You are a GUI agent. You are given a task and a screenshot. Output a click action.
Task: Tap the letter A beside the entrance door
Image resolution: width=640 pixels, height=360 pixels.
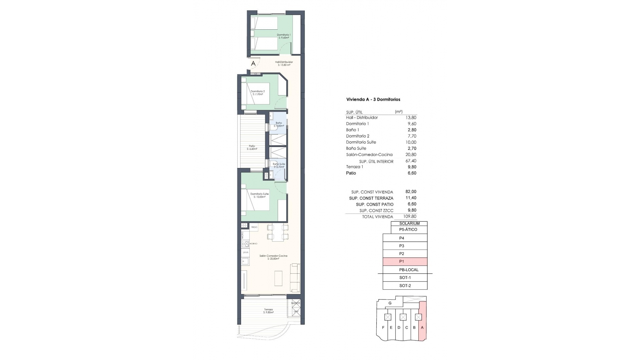[253, 63]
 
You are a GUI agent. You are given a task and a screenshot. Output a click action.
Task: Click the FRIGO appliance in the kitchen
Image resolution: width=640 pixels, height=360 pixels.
[254, 227]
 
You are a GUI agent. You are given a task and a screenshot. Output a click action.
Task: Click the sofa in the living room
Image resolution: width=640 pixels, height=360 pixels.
[295, 277]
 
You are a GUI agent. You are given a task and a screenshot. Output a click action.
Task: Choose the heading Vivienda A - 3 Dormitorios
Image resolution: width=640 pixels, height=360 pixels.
[373, 99]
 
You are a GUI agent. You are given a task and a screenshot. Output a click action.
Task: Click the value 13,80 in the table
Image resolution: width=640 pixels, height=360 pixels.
[411, 118]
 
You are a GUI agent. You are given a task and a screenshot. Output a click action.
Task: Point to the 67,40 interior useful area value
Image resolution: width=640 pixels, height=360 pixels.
[411, 161]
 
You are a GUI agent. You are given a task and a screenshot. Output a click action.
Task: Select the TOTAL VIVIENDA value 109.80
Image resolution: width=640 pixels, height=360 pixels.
[410, 216]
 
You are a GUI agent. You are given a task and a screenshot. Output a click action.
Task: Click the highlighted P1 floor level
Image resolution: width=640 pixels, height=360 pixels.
[405, 262]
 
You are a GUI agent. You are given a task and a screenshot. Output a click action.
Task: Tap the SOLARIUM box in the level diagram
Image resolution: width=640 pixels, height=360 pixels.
[409, 224]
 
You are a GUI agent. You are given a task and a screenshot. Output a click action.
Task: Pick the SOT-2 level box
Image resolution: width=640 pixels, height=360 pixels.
[405, 286]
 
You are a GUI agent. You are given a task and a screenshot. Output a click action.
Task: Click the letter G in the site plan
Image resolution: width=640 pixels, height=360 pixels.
[390, 303]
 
